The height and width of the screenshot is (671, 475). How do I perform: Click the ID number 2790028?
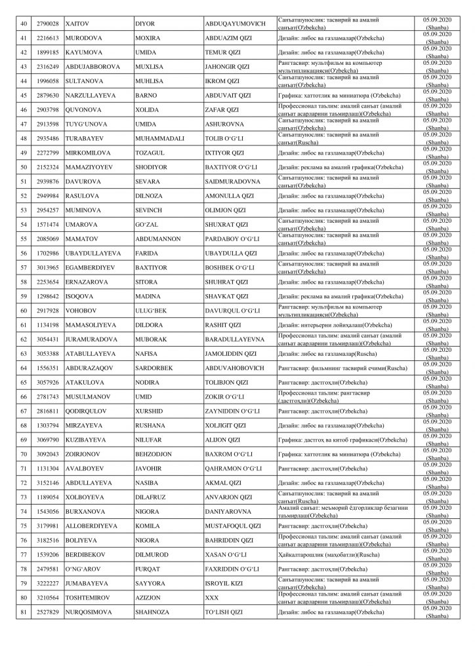pyautogui.click(x=50, y=24)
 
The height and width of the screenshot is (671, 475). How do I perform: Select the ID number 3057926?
pyautogui.click(x=50, y=381)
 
